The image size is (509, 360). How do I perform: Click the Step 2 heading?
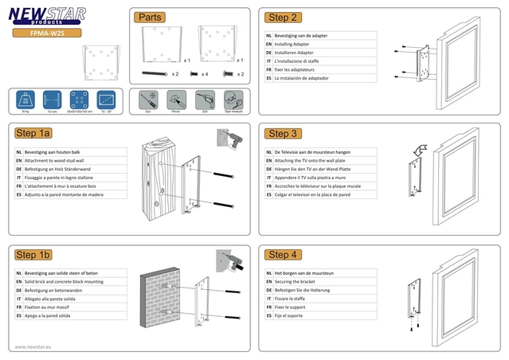[x=283, y=18]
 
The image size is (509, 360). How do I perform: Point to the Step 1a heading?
[x=33, y=134]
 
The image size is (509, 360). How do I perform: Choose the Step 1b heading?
[x=33, y=255]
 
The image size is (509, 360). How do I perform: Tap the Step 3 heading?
[x=283, y=134]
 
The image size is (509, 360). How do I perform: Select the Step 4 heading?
[x=283, y=255]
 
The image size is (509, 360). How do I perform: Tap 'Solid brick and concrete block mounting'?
[x=64, y=282]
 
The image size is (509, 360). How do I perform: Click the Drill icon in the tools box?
[x=203, y=100]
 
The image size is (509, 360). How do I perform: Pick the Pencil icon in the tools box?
[x=175, y=100]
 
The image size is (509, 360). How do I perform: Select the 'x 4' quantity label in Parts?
[x=205, y=74]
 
